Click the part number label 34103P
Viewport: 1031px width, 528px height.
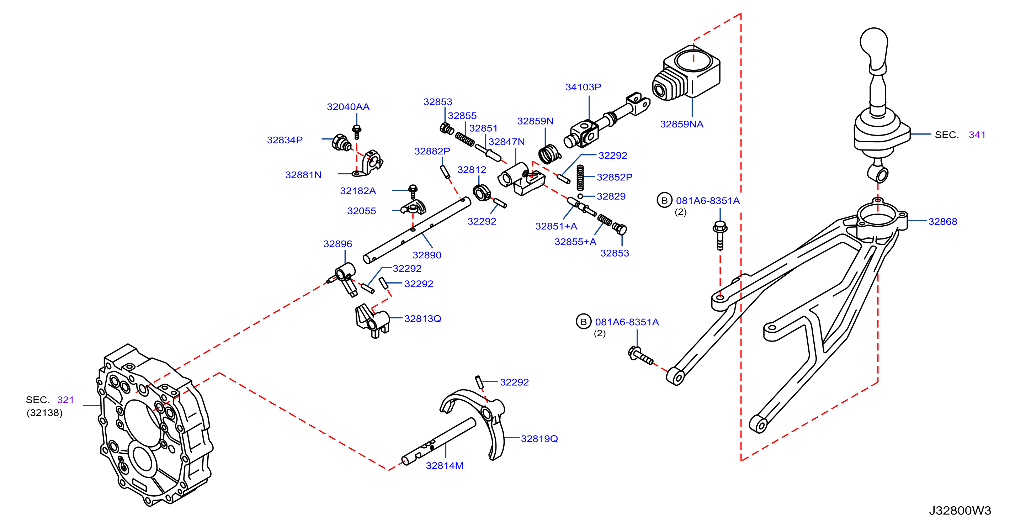pyautogui.click(x=583, y=87)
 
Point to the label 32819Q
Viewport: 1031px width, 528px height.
pyautogui.click(x=539, y=439)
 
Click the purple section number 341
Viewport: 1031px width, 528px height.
pyautogui.click(x=977, y=135)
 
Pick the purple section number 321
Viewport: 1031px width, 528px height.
pyautogui.click(x=66, y=400)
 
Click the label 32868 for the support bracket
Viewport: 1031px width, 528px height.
pyautogui.click(x=942, y=222)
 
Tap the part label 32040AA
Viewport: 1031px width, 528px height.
pyautogui.click(x=348, y=107)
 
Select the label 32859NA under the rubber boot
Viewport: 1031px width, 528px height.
pyautogui.click(x=682, y=124)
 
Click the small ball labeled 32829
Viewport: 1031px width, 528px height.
pyautogui.click(x=580, y=196)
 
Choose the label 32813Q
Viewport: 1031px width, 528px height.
pyautogui.click(x=423, y=319)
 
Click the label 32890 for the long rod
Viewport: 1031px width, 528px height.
pyautogui.click(x=427, y=255)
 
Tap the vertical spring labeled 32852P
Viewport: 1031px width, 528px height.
pyautogui.click(x=580, y=178)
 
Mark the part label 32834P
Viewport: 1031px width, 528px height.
pyautogui.click(x=285, y=140)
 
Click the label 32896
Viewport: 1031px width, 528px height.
pyautogui.click(x=338, y=244)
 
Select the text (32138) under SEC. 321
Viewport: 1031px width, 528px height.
pyautogui.click(x=44, y=413)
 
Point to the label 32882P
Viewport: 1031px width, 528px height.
pyautogui.click(x=432, y=151)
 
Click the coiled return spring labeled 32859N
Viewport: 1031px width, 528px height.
pyautogui.click(x=549, y=154)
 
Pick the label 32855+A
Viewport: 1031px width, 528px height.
pyautogui.click(x=575, y=242)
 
